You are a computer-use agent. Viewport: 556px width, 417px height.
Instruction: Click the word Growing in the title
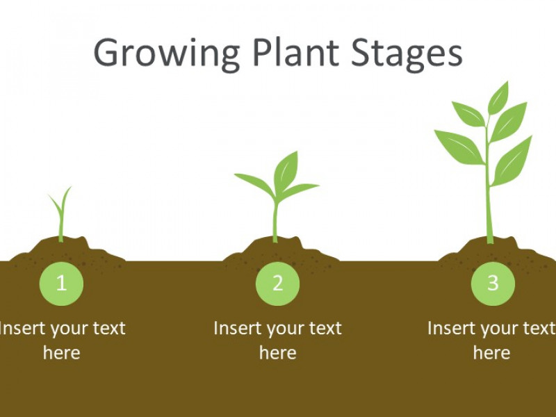pos(167,54)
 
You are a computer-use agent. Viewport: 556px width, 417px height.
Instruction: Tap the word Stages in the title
pos(407,54)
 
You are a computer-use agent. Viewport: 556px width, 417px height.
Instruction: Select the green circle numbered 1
pos(61,284)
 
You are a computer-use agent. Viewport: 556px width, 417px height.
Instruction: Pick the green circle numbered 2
pos(277,284)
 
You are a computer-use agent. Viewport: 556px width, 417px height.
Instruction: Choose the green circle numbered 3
pos(493,284)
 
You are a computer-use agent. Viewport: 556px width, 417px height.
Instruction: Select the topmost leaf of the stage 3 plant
pos(498,97)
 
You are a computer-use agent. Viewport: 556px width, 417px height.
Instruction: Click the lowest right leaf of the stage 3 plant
pos(512,161)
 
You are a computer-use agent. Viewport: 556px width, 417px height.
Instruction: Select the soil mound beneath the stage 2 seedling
pos(280,251)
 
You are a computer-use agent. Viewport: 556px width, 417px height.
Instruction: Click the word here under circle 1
pos(62,353)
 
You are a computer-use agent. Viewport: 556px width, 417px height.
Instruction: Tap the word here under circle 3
pos(492,353)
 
